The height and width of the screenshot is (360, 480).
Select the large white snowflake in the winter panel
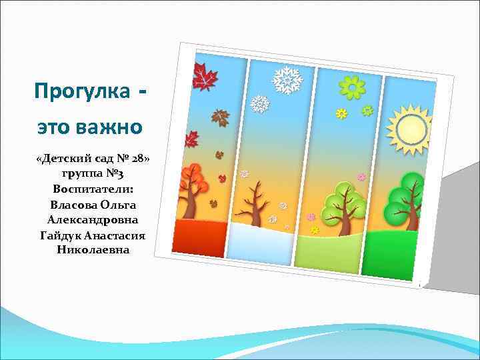click(288, 80)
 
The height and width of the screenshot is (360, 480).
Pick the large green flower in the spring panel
click(352, 87)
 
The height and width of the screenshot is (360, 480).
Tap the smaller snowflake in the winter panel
click(259, 104)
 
